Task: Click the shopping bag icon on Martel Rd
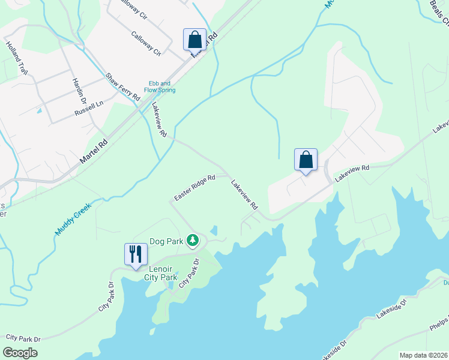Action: (x=194, y=40)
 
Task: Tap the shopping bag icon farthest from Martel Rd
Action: (x=306, y=160)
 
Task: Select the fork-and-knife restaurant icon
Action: (x=135, y=253)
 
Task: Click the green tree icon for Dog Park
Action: (x=192, y=241)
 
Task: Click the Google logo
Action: (x=19, y=352)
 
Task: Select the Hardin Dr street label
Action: (x=79, y=90)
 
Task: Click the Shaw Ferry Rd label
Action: (x=123, y=87)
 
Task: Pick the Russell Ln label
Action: (x=89, y=109)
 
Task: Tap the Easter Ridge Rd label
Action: (x=194, y=188)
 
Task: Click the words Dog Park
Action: (x=166, y=241)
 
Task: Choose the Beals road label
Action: (x=439, y=12)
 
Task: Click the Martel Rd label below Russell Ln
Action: (x=93, y=152)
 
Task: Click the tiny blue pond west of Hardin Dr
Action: (x=39, y=111)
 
